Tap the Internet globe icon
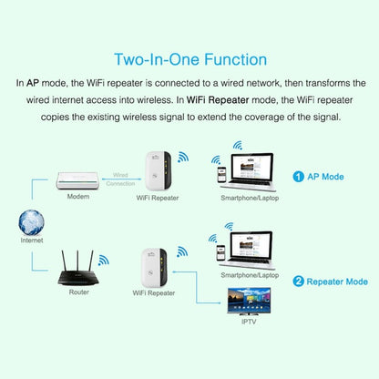(x=32, y=223)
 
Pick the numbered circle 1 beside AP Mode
(x=297, y=177)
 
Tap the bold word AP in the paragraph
(x=38, y=83)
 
